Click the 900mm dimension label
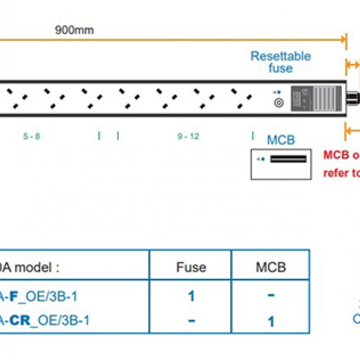coord(74,31)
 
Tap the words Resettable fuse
coord(280,63)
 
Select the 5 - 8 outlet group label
coord(31,136)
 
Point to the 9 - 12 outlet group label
coord(188,136)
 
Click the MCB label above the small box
coord(281,140)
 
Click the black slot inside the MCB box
coord(288,159)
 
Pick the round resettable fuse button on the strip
coord(279,103)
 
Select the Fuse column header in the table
coord(191,267)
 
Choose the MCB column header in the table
coord(271,267)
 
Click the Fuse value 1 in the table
coord(191,296)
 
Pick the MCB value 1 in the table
coord(271,321)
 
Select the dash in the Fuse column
coord(191,320)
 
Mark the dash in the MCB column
coord(271,296)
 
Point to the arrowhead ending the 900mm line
coord(345,40)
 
